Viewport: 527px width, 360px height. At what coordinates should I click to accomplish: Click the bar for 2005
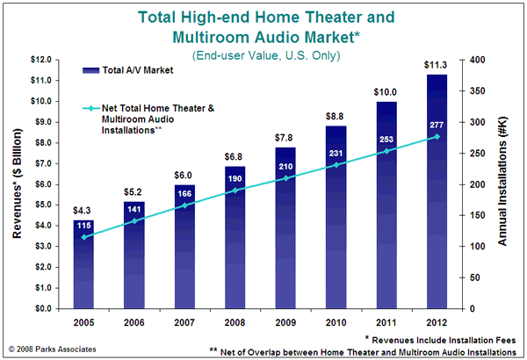pos(83,264)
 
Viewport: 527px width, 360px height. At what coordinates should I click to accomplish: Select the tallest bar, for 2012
pos(437,191)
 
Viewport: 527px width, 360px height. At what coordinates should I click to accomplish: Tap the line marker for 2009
pos(285,178)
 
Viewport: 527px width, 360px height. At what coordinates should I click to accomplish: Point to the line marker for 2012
pos(437,137)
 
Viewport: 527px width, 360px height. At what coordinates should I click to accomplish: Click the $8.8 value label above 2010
pos(335,116)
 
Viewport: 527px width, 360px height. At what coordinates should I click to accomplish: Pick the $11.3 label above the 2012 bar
pos(436,65)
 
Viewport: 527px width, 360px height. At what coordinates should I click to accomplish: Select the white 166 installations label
pos(184,194)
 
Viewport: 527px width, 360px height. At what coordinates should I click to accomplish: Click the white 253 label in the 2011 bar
pos(386,139)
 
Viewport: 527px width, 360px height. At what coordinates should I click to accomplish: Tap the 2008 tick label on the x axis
pos(235,323)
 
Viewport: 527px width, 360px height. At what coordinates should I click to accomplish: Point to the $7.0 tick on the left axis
pos(40,163)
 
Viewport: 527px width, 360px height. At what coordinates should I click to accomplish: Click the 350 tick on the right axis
pos(477,91)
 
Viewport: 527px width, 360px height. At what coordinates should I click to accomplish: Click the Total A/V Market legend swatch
pos(90,70)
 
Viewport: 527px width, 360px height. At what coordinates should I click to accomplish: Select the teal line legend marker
pos(90,108)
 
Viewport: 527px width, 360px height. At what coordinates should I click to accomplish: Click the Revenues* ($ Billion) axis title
pos(17,184)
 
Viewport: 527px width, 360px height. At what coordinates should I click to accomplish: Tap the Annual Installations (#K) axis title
pos(502,182)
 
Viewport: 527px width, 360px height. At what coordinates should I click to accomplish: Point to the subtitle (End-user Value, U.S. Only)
pos(266,55)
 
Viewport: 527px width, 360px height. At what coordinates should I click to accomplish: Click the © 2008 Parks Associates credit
pos(52,349)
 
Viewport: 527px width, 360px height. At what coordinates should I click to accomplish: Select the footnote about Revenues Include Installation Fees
pos(440,340)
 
